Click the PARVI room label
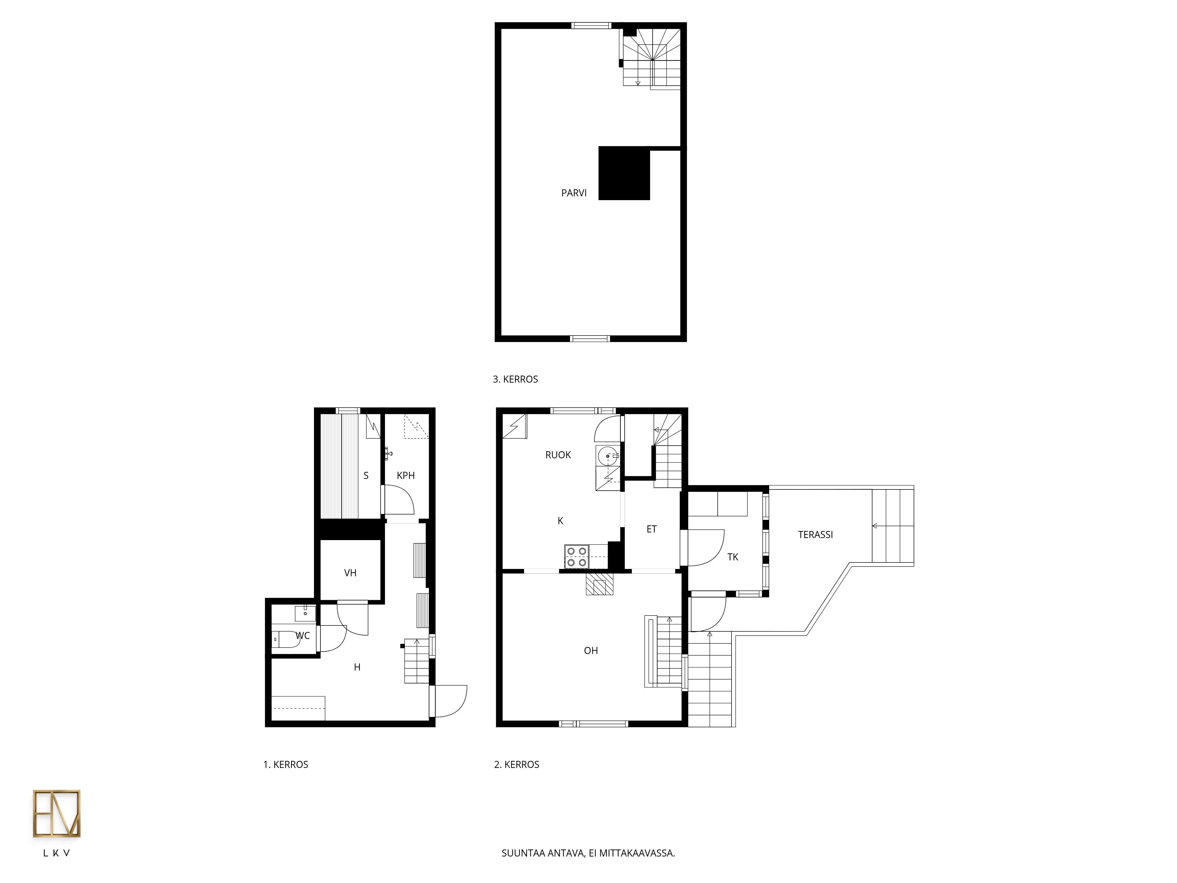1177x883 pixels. click(x=573, y=193)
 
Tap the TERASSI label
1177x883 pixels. click(x=815, y=535)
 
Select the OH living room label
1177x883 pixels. click(x=591, y=650)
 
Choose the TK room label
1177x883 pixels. click(x=733, y=557)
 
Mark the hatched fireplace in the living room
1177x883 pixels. click(x=600, y=584)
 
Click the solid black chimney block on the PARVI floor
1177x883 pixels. click(x=624, y=174)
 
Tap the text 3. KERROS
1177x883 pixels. click(x=515, y=379)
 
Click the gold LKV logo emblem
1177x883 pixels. click(x=56, y=813)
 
